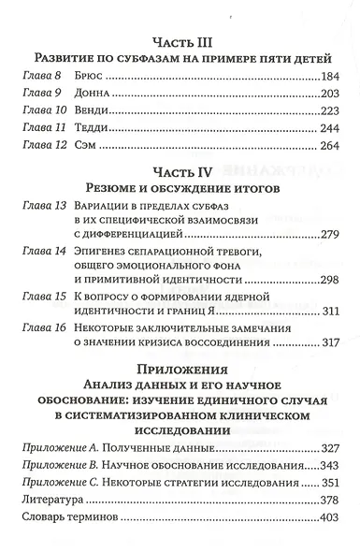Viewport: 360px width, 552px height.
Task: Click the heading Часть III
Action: pos(179,41)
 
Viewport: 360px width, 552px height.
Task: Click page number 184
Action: pos(334,75)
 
